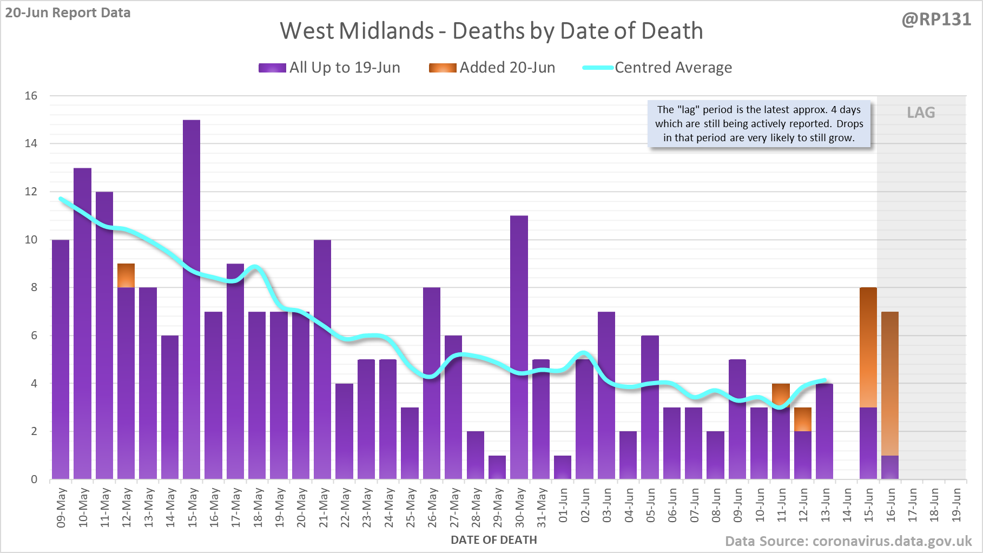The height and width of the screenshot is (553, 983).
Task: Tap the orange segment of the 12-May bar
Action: click(126, 276)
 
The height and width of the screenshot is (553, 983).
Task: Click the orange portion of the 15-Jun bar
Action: click(868, 347)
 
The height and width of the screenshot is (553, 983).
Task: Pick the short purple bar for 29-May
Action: click(497, 468)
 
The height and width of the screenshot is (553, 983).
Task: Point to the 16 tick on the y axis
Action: click(31, 96)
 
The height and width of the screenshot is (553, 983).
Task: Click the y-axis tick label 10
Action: click(31, 240)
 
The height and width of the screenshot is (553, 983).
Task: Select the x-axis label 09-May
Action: click(61, 508)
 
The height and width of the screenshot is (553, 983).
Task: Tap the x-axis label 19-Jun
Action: click(956, 505)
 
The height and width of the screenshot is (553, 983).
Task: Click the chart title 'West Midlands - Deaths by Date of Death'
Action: click(491, 31)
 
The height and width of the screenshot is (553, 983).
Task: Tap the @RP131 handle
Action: click(936, 19)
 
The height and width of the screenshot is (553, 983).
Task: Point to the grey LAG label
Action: click(921, 113)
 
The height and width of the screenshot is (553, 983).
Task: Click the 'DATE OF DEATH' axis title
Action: click(493, 540)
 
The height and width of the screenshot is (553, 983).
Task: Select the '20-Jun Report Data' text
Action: click(68, 12)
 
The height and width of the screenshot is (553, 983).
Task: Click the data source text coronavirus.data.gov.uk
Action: click(848, 541)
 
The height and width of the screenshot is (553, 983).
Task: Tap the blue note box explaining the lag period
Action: click(759, 124)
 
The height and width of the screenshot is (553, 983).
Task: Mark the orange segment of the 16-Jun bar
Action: click(890, 383)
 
